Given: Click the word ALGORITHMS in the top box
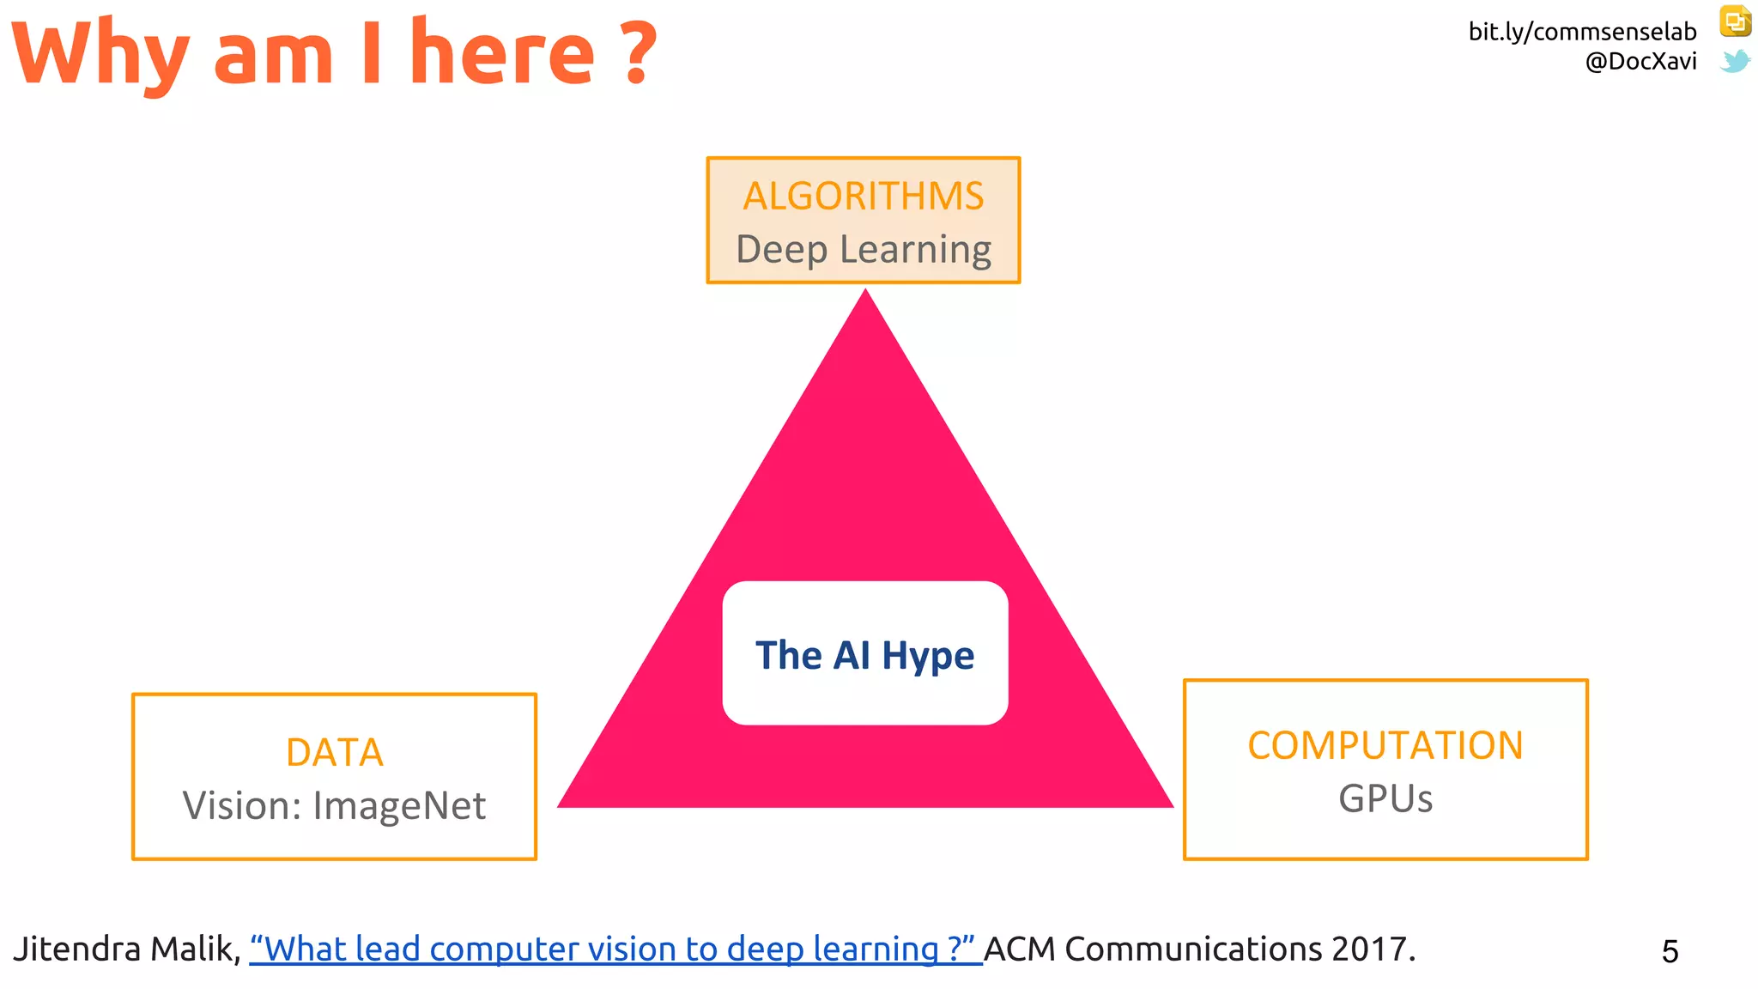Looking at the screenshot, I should point(863,197).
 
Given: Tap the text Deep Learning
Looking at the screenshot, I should point(863,250).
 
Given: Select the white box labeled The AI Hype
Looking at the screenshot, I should point(864,653).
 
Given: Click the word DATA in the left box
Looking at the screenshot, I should point(334,753).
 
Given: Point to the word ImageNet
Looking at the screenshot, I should point(399,806).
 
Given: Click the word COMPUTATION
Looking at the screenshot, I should point(1385,745).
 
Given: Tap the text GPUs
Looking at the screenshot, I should point(1385,799).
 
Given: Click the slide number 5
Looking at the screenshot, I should point(1670,951).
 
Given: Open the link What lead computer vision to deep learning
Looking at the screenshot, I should point(614,950).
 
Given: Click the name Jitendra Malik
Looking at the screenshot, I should point(124,950).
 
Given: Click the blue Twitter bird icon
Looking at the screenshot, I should point(1735,61).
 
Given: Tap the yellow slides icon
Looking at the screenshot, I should point(1735,21).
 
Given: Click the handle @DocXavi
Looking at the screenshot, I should point(1640,62).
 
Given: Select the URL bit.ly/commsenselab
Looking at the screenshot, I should point(1582,32).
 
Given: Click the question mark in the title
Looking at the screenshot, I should point(638,55).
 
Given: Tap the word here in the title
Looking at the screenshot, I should point(502,55).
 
